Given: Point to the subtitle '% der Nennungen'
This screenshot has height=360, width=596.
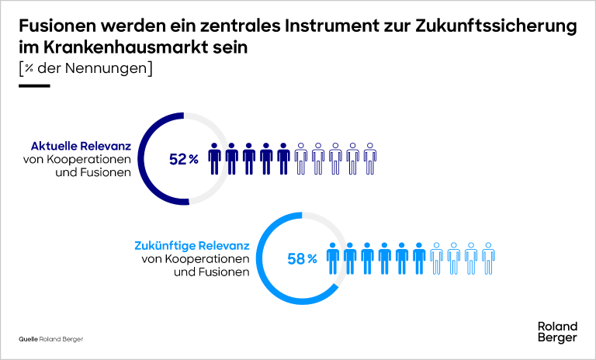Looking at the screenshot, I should point(85,68).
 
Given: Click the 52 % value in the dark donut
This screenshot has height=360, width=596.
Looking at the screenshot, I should point(184,159).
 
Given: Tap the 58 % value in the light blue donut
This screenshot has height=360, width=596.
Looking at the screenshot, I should point(303,259).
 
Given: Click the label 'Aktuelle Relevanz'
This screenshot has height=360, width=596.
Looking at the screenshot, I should point(81,146).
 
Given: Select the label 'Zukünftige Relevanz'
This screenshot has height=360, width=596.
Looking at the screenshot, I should point(192,246).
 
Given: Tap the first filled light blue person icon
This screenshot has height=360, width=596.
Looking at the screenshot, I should point(334,258).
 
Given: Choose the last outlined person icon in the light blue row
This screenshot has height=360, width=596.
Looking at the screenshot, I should point(488,258).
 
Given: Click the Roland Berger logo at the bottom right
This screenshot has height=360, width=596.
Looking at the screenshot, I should point(557,332).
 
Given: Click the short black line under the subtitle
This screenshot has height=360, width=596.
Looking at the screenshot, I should point(34,85).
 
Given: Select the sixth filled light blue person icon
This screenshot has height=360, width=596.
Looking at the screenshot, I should point(419,258).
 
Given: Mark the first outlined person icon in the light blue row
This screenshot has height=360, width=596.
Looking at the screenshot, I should point(436,258).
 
